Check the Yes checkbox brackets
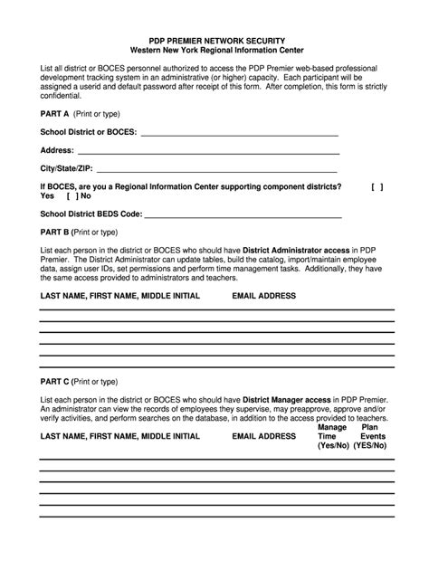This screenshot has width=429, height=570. [377, 186]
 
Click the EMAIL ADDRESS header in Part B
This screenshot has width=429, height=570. [264, 296]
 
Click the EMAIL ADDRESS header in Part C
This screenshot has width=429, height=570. [264, 436]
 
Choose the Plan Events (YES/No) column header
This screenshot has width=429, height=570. [370, 436]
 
